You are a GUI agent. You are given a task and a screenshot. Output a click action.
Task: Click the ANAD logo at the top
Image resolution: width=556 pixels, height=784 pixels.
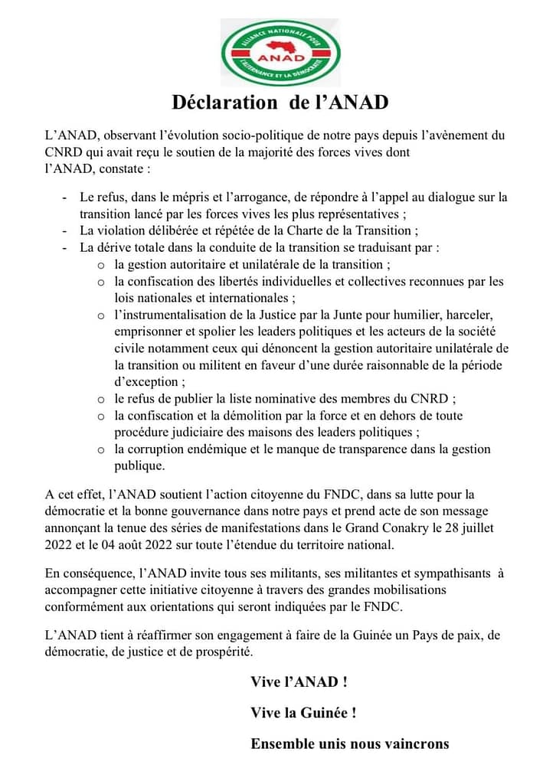[x=280, y=52]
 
